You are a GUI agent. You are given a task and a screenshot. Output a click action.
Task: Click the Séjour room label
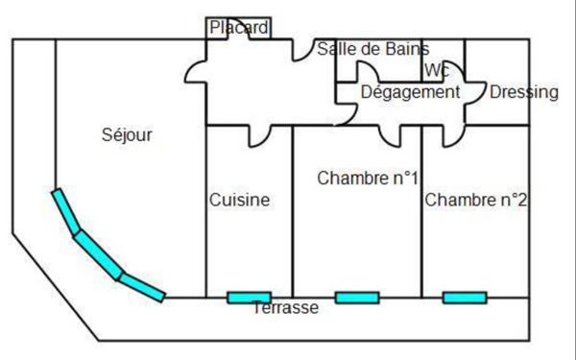pyautogui.click(x=127, y=135)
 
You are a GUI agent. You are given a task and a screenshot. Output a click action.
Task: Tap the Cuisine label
pyautogui.click(x=239, y=201)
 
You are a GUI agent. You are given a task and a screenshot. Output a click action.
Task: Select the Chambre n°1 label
pyautogui.click(x=368, y=178)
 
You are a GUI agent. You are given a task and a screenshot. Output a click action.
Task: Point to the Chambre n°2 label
pyautogui.click(x=475, y=200)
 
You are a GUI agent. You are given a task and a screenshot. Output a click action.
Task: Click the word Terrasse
pyautogui.click(x=285, y=308)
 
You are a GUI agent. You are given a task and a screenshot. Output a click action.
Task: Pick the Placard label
pyautogui.click(x=239, y=28)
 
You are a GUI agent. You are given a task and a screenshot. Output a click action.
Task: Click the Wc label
pyautogui.click(x=437, y=70)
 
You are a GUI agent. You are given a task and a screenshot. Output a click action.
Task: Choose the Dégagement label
pyautogui.click(x=410, y=92)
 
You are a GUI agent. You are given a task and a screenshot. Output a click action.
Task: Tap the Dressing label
pyautogui.click(x=523, y=92)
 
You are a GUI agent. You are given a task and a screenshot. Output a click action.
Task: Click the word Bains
pyautogui.click(x=405, y=49)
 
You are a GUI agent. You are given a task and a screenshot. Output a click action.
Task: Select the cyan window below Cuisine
pyautogui.click(x=249, y=298)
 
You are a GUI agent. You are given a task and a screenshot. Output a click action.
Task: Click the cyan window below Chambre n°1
pyautogui.click(x=356, y=298)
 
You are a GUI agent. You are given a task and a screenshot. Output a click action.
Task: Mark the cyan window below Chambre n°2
pyautogui.click(x=464, y=298)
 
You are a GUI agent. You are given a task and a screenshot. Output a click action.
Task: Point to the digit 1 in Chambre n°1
pyautogui.click(x=413, y=178)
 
